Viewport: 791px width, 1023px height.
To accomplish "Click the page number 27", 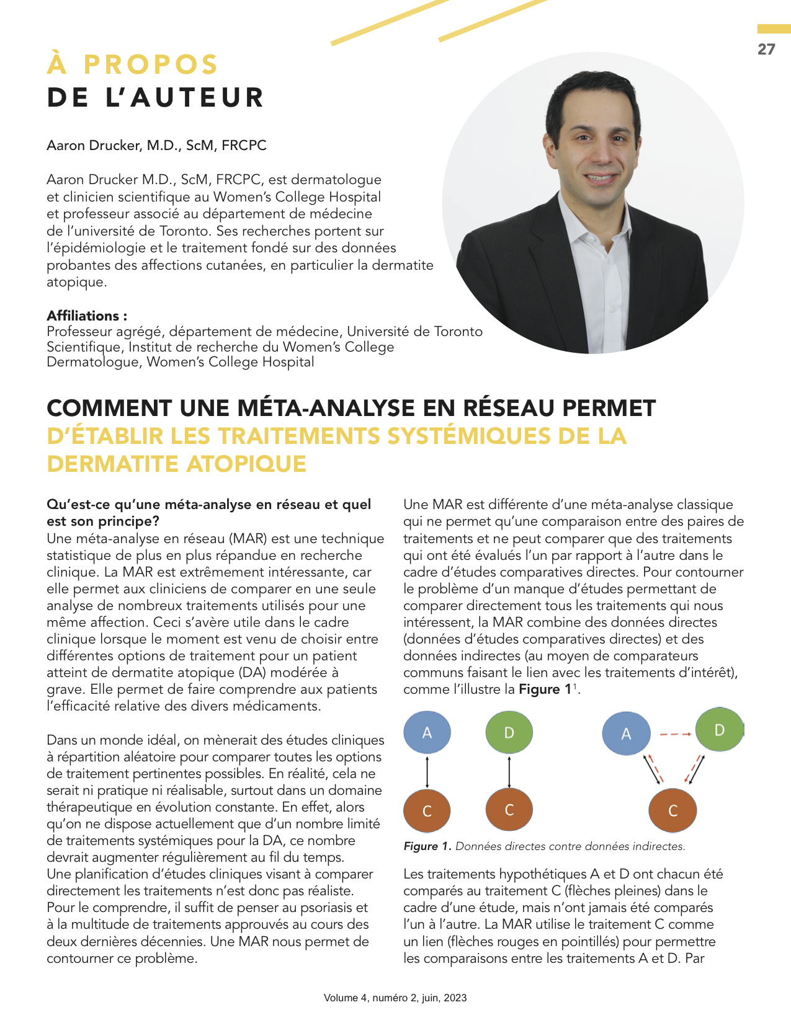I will click(x=766, y=50).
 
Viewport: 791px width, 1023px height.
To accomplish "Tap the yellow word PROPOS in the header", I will click(x=151, y=65).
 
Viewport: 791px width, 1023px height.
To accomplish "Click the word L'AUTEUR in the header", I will click(x=185, y=98).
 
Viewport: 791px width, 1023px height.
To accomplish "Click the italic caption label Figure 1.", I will click(x=427, y=846).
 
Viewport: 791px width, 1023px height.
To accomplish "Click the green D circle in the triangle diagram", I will click(x=720, y=730).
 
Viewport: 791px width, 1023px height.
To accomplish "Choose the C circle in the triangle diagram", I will click(x=673, y=810).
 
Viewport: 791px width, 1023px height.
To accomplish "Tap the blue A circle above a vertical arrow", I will click(x=427, y=732).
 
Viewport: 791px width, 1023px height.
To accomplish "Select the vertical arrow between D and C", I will click(x=509, y=772).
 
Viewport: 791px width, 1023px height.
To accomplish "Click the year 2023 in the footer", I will click(x=455, y=998).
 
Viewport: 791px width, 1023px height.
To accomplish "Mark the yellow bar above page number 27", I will click(x=774, y=29).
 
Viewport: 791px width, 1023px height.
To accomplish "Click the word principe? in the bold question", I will click(x=128, y=521).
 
